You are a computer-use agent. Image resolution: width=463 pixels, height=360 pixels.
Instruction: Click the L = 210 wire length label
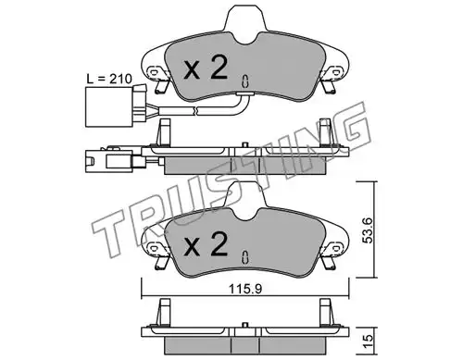[109, 79]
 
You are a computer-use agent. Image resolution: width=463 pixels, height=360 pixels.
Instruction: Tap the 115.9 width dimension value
[245, 289]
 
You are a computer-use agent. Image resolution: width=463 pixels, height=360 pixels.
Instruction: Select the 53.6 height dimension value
[368, 230]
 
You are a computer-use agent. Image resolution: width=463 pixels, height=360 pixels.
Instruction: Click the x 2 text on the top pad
[206, 68]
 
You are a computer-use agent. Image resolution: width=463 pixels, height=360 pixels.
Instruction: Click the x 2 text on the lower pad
[206, 244]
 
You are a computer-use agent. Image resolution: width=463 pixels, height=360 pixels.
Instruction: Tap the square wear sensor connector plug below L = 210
[108, 107]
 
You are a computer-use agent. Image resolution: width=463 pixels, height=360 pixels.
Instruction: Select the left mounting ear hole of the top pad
[153, 72]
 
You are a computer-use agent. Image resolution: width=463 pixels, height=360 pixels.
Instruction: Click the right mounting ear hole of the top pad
[335, 71]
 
